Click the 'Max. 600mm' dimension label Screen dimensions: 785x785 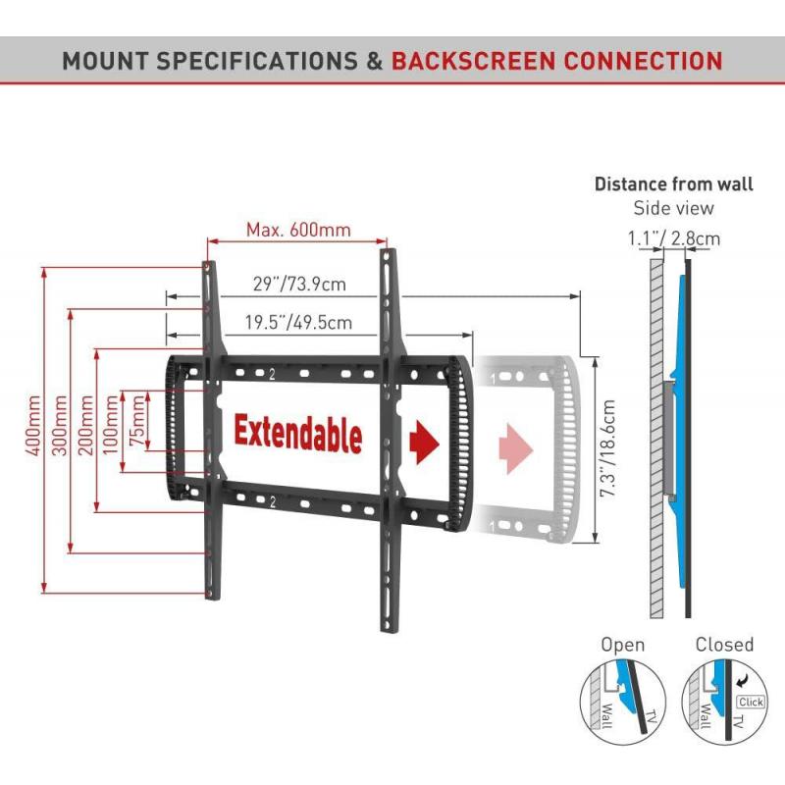pyautogui.click(x=297, y=230)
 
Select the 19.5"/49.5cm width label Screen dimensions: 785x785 pyautogui.click(x=285, y=321)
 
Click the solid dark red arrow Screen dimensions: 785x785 pyautogui.click(x=424, y=443)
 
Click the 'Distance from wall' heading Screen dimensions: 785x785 pyautogui.click(x=674, y=183)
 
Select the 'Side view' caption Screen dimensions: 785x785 pyautogui.click(x=674, y=208)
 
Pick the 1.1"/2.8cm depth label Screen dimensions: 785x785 pyautogui.click(x=674, y=237)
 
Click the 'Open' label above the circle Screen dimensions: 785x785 pyautogui.click(x=623, y=645)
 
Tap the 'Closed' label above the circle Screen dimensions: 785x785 pyautogui.click(x=724, y=645)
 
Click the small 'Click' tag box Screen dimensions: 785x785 pyautogui.click(x=751, y=702)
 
